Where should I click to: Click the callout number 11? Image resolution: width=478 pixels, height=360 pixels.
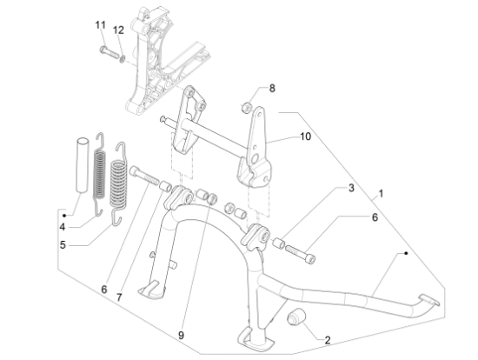[101, 25]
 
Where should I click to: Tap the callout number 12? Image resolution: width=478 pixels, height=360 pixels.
[118, 30]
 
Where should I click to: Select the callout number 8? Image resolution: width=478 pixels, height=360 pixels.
[272, 88]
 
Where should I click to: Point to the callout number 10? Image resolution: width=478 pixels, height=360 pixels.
[305, 137]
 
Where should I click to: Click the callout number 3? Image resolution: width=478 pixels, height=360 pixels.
[351, 188]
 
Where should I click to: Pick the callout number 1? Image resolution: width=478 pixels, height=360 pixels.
[381, 193]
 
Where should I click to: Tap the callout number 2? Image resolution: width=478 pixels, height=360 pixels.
[328, 340]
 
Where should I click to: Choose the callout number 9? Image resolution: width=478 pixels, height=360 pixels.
[181, 336]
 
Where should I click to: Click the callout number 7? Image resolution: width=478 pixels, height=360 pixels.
[119, 297]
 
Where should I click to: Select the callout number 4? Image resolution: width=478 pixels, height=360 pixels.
[63, 227]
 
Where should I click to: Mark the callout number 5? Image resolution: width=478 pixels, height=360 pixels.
[63, 244]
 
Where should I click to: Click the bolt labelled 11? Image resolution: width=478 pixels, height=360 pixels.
[110, 52]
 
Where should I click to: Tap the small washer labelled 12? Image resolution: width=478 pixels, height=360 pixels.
[123, 58]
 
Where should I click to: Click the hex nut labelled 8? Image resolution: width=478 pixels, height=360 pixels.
[247, 107]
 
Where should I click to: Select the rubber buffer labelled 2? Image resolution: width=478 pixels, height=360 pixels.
[296, 317]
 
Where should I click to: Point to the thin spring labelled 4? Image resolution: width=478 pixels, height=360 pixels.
[99, 174]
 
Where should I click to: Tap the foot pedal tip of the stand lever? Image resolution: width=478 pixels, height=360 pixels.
[429, 300]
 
